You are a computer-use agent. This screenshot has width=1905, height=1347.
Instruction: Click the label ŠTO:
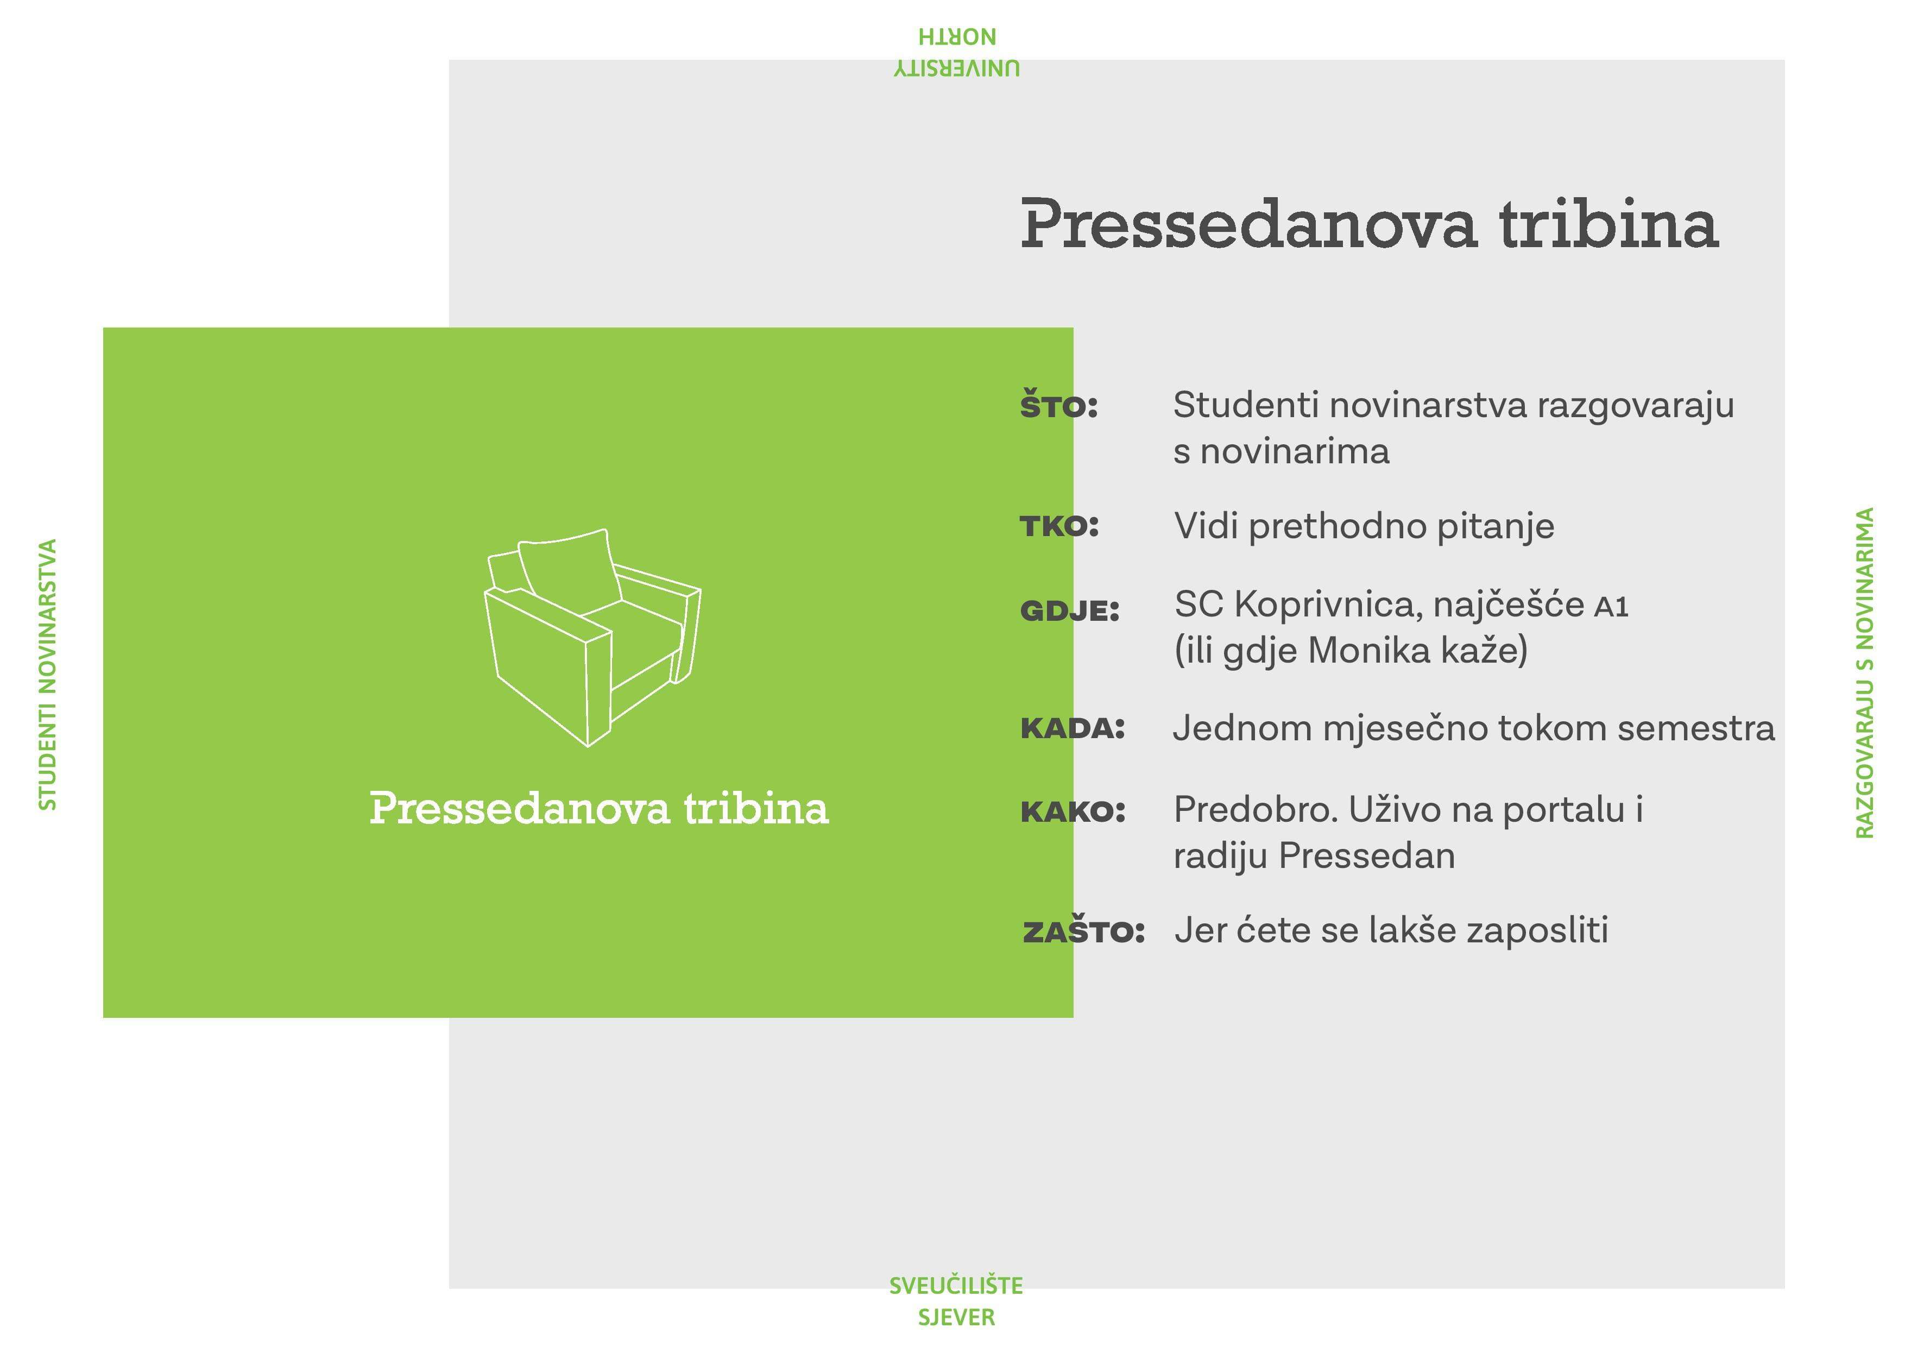pyautogui.click(x=1059, y=405)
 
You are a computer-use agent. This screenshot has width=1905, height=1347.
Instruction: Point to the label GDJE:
pyautogui.click(x=1069, y=611)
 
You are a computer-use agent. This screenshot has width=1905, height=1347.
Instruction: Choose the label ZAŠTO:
pyautogui.click(x=1083, y=930)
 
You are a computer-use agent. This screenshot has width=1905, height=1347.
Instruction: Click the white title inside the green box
pyautogui.click(x=599, y=808)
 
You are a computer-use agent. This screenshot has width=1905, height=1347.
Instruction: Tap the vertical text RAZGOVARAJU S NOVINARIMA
pyautogui.click(x=1864, y=673)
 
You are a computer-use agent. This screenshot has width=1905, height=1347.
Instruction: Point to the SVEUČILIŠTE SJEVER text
pyautogui.click(x=956, y=1300)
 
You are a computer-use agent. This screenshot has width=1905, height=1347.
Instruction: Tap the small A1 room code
pyautogui.click(x=1611, y=608)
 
